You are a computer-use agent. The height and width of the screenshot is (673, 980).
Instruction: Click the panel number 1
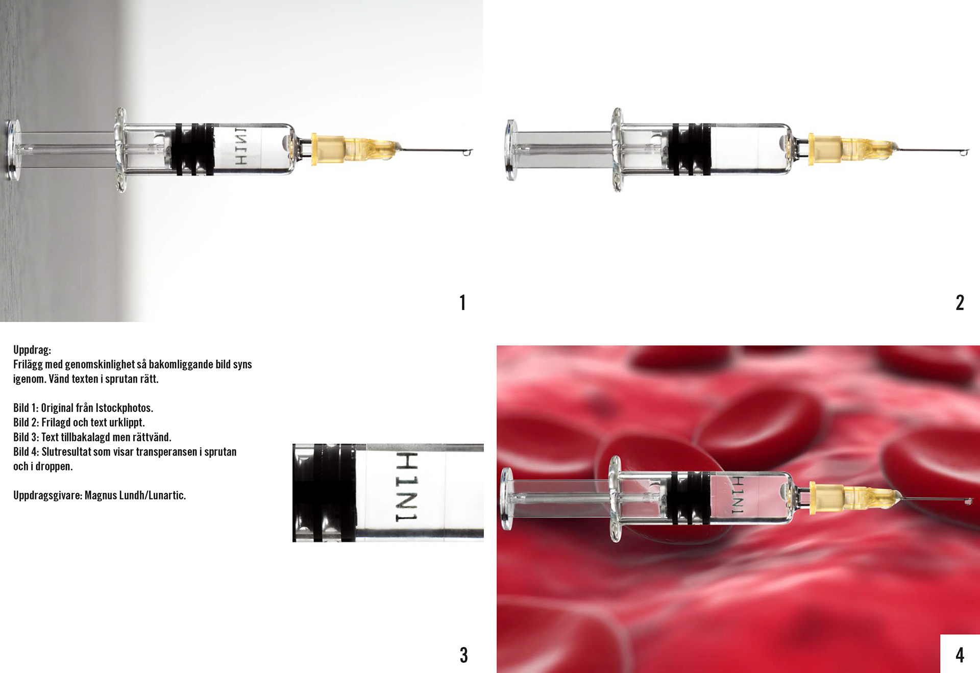coord(462,303)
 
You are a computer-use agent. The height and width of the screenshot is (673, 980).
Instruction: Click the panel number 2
coord(960,303)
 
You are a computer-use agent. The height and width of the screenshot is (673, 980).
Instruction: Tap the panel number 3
coord(463,655)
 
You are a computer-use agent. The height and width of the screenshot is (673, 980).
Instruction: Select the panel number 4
coord(960,655)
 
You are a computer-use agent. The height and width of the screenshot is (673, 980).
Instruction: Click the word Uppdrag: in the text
coord(32,350)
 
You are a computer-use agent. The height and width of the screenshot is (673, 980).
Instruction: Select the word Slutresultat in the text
coord(66,452)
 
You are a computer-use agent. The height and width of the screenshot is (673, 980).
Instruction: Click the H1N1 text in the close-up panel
coord(407,487)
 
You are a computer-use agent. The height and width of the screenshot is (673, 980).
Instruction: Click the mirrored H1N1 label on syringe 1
coord(240,146)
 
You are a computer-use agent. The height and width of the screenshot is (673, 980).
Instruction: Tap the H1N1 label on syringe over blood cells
coord(738,495)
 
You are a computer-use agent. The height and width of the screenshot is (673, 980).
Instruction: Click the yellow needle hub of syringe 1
coord(352,149)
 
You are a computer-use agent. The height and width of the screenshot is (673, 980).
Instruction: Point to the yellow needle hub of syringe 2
coord(850,149)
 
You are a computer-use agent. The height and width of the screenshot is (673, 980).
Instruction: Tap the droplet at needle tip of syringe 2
coord(964,152)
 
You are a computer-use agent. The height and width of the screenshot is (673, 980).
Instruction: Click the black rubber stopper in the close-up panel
coord(325,492)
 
